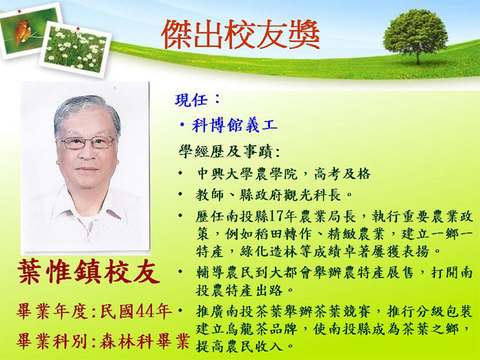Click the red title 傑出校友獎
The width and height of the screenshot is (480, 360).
tap(240, 35)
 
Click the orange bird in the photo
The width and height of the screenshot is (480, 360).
tap(22, 31)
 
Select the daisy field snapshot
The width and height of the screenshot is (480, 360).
tap(75, 49)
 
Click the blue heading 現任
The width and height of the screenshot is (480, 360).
tap(191, 100)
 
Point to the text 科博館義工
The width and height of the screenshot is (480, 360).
tap(235, 125)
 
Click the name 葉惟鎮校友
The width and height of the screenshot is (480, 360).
tap(89, 272)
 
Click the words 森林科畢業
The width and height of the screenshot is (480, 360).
tap(144, 341)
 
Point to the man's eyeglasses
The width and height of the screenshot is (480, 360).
tap(88, 142)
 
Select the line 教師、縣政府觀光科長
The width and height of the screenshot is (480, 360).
tap(268, 195)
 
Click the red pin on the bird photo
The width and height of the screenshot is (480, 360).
tap(19, 11)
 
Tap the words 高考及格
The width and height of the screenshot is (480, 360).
tap(343, 174)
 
